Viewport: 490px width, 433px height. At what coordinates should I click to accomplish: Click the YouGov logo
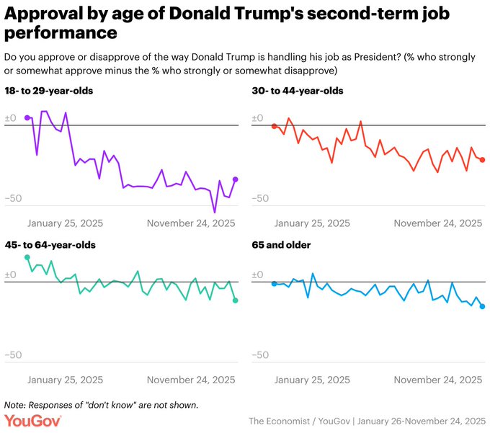pos(33,421)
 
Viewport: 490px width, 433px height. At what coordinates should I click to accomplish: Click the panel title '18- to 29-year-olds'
pos(48,91)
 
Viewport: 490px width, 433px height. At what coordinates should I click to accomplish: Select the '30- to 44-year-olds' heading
pos(297,91)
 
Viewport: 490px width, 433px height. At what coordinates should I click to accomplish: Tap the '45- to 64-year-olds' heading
pos(50,245)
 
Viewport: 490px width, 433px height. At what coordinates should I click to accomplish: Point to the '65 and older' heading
pos(281,245)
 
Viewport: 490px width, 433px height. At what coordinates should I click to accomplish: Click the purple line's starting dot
pos(27,117)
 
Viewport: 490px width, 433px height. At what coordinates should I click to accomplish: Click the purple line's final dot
pos(236,179)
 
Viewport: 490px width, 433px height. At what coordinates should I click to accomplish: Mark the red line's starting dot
pos(274,126)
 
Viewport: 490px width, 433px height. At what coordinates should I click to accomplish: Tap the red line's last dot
pos(483,160)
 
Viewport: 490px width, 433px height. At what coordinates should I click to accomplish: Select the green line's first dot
pos(27,257)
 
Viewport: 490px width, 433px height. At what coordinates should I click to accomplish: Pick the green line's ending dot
pos(236,300)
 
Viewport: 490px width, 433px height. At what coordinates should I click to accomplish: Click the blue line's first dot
pos(274,284)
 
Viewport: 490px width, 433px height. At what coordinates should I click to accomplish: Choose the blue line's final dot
pos(483,307)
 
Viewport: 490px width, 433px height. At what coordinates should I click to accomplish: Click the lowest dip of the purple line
pos(214,212)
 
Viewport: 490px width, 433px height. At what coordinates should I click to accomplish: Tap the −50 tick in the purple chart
pos(14,198)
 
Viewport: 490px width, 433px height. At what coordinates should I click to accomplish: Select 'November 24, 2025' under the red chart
pos(438,223)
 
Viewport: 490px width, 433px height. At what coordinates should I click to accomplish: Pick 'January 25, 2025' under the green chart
pos(65,380)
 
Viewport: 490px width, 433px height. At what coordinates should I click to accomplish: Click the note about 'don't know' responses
pos(101,405)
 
